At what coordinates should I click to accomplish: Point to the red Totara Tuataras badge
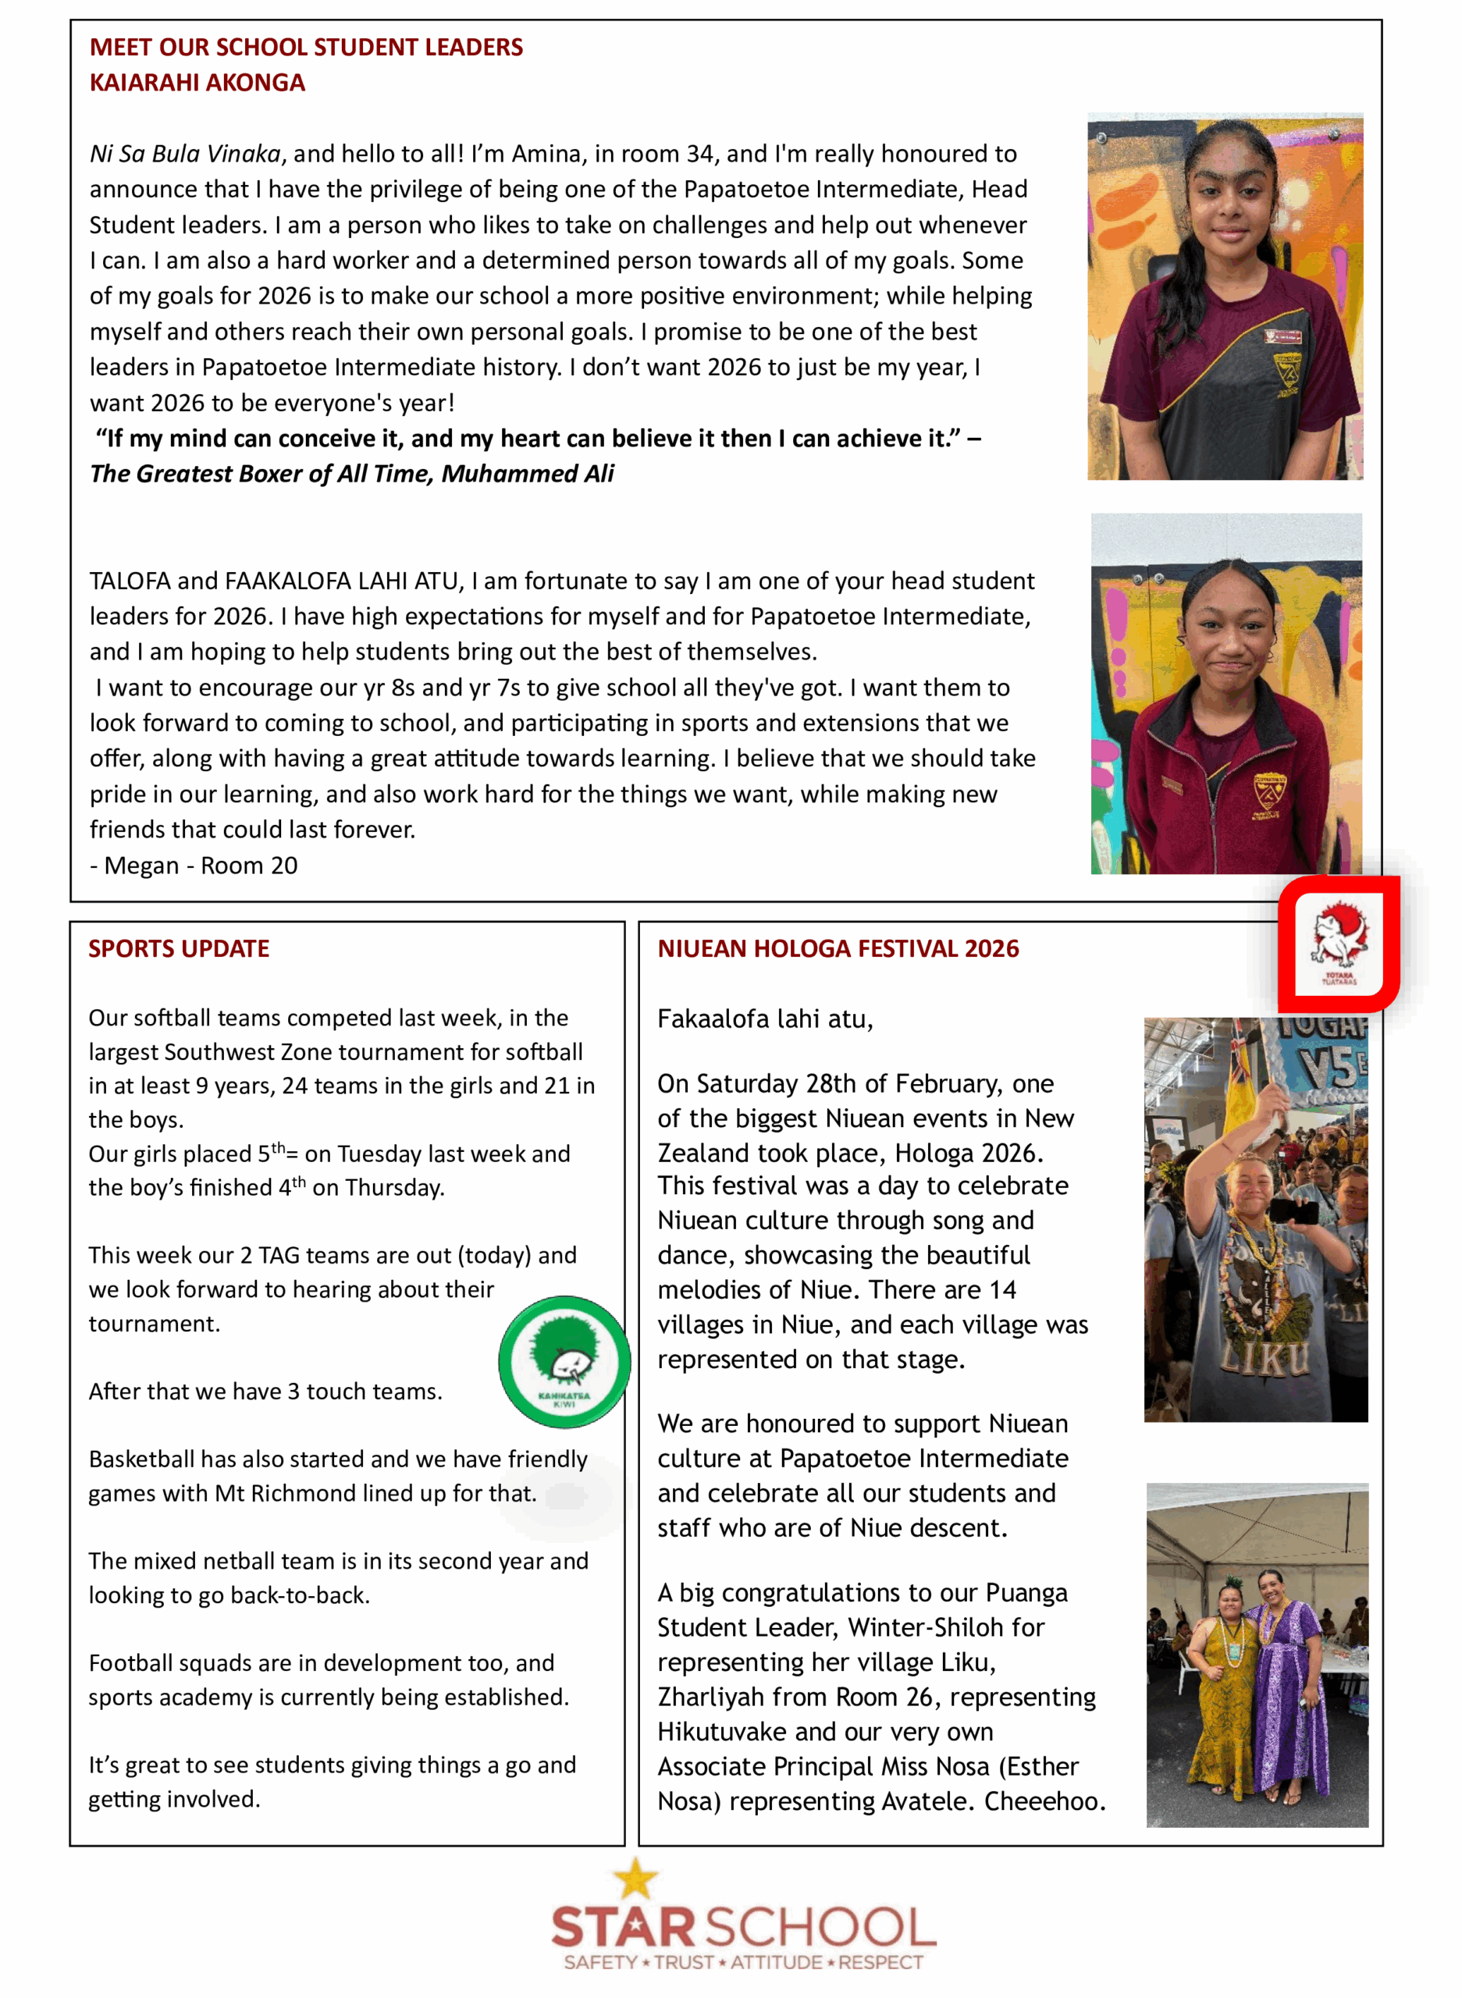pyautogui.click(x=1338, y=944)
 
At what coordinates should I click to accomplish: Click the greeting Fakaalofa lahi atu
pyautogui.click(x=765, y=1019)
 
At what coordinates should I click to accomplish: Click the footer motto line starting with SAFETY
pyautogui.click(x=743, y=1962)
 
